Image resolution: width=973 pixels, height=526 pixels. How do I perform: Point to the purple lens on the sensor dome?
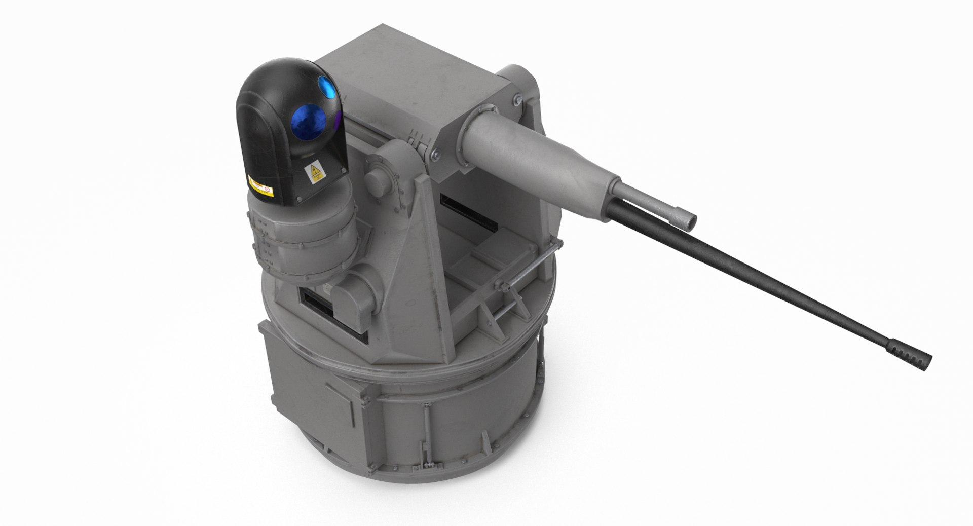pyautogui.click(x=338, y=120)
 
